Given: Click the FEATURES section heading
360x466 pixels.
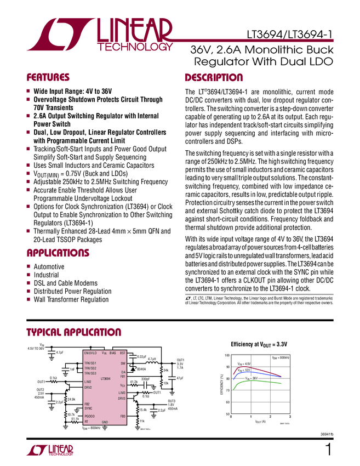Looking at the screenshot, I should coord(48,77).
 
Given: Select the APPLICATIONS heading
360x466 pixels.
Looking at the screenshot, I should coord(58,253).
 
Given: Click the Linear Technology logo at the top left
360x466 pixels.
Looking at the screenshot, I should coord(104,34).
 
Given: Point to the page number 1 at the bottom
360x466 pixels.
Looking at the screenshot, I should coord(328,451).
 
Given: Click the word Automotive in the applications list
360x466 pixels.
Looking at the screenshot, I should coord(49,266).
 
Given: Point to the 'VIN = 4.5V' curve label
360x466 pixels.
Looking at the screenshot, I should coord(244,363).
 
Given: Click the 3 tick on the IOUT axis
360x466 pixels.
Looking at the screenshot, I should coord(289,417).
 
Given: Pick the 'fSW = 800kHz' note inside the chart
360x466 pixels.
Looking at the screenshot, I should coord(281,357).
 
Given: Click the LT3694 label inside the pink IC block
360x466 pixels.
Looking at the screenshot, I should coord(105,378).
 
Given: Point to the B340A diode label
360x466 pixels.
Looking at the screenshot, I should coord(141,369).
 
